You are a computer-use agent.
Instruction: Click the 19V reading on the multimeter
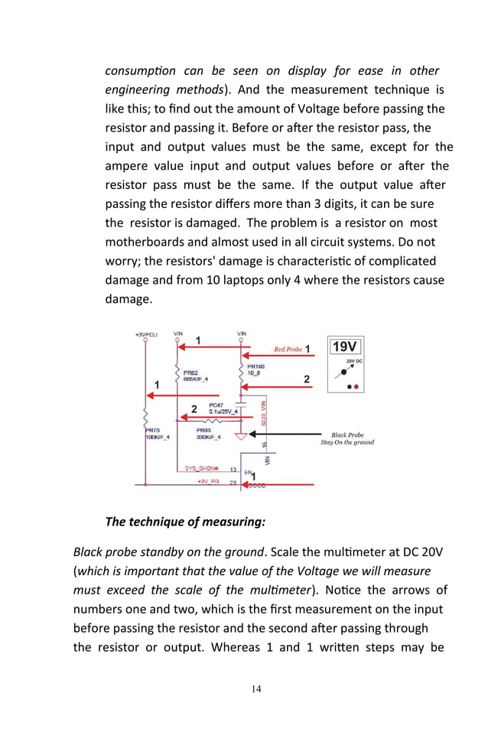pyautogui.click(x=345, y=346)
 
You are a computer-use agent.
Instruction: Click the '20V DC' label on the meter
pyautogui.click(x=354, y=360)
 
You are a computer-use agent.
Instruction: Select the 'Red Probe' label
pyautogui.click(x=288, y=349)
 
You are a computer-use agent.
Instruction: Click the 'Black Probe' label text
pyautogui.click(x=347, y=434)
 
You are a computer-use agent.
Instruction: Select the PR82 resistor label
pyautogui.click(x=191, y=373)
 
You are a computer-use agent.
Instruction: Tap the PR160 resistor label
pyautogui.click(x=256, y=367)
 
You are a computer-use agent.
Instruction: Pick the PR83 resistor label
pyautogui.click(x=204, y=431)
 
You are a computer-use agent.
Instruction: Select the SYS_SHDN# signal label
pyautogui.click(x=202, y=468)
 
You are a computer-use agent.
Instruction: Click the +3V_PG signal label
pyautogui.click(x=208, y=481)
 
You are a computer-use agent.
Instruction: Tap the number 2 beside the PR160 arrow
pyautogui.click(x=307, y=379)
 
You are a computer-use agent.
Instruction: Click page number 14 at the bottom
pyautogui.click(x=256, y=689)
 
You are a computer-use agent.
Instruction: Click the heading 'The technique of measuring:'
pyautogui.click(x=185, y=522)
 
